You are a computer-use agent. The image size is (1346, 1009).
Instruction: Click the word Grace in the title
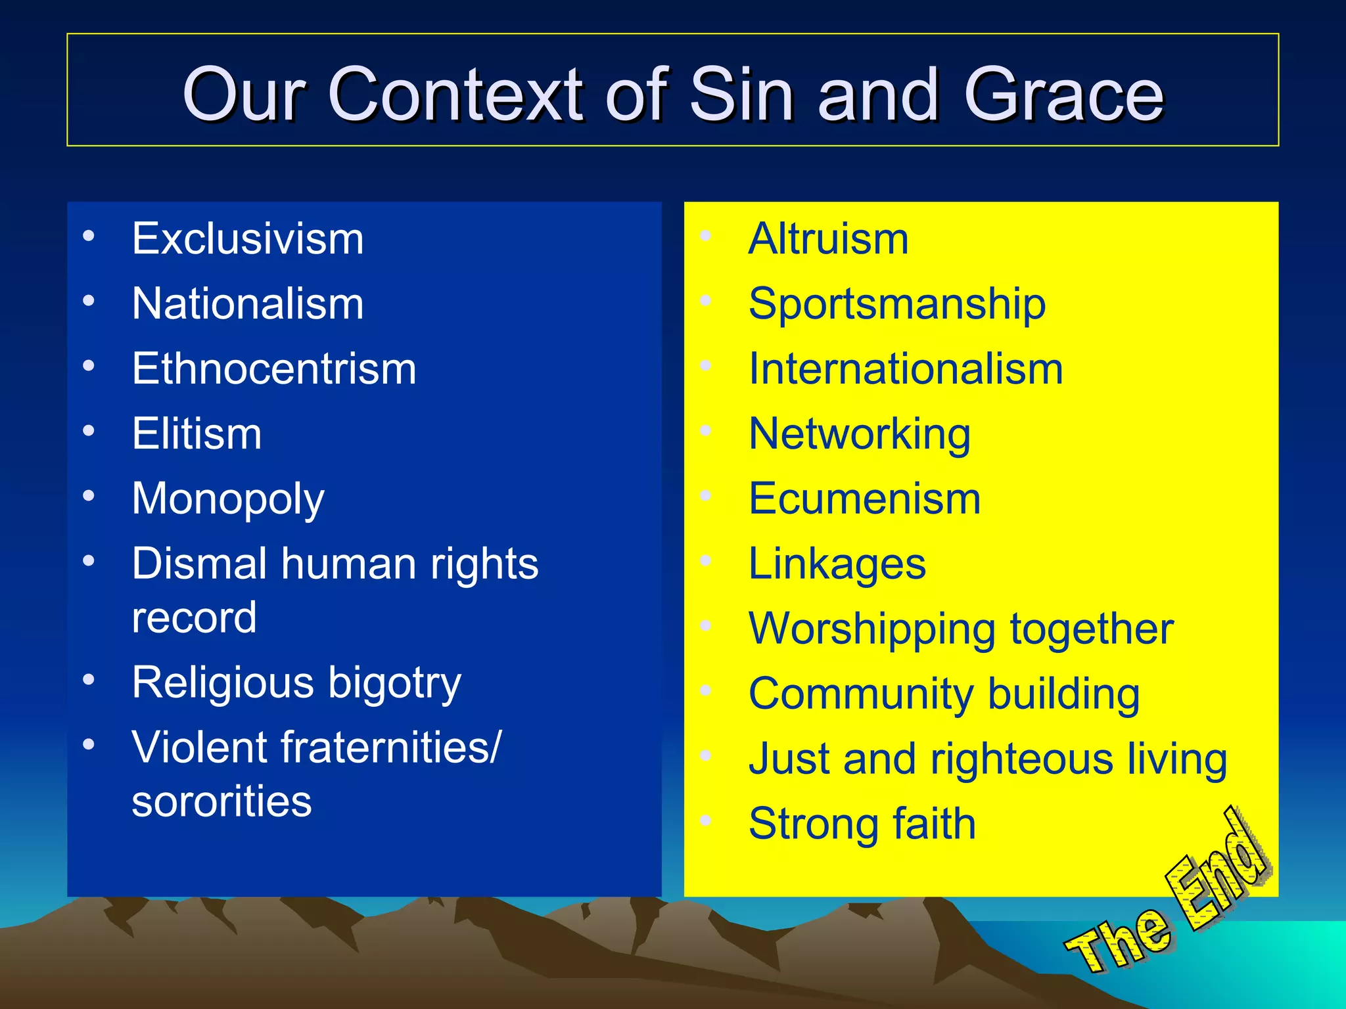coord(1063,95)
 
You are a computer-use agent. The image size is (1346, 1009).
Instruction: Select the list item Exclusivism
coord(247,238)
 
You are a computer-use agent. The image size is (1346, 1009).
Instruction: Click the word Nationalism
coord(247,303)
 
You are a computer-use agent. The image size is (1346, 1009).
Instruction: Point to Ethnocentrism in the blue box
coord(273,369)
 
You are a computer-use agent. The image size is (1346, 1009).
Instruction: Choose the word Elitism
coord(197,434)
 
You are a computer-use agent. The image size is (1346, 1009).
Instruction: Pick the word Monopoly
coord(227,499)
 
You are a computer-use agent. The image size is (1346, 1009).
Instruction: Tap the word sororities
coord(221,801)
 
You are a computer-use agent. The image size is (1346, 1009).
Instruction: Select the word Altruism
coord(828,238)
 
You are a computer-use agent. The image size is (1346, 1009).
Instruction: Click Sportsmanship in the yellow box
coord(896,303)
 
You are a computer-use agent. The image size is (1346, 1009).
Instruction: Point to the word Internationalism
coord(905,369)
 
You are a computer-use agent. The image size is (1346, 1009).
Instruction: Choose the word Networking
coord(859,434)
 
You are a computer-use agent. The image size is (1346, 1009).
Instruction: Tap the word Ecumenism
coord(864,499)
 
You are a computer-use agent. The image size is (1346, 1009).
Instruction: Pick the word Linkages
coord(837,564)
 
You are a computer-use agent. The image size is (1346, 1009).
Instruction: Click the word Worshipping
coord(871,629)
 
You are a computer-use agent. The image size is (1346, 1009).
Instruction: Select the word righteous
coord(1021,759)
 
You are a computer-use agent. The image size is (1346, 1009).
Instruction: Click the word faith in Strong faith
coord(933,824)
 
